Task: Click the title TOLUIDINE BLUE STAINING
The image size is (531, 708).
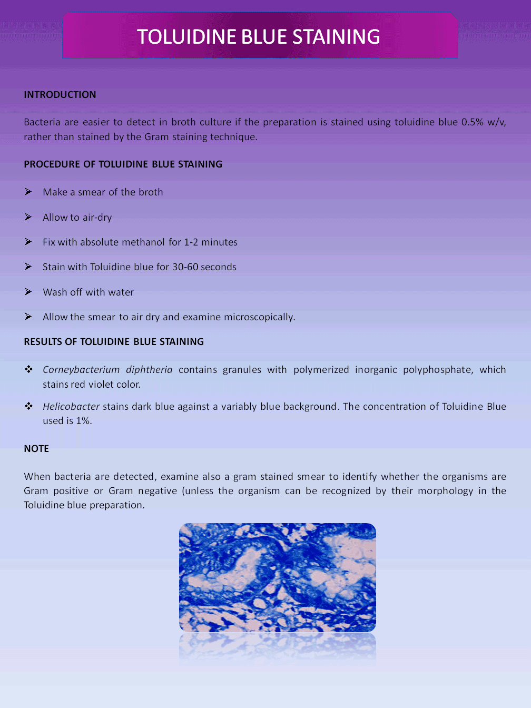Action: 259,37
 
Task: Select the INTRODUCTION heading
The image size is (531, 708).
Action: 60,95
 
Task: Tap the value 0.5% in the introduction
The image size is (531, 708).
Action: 472,122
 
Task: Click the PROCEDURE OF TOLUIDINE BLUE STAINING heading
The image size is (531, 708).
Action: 123,164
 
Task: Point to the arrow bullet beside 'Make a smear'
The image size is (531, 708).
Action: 28,192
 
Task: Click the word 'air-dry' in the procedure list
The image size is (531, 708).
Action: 97,218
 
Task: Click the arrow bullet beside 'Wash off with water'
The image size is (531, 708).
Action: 28,292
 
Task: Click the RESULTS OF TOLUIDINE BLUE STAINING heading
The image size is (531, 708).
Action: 114,342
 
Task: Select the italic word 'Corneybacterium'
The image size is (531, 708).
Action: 81,370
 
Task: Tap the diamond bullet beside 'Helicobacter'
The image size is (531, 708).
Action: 28,406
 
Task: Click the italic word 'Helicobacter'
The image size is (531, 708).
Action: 71,407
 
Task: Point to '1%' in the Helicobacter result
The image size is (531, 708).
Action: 83,421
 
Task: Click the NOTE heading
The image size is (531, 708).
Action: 36,449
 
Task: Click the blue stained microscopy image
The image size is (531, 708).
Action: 277,577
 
